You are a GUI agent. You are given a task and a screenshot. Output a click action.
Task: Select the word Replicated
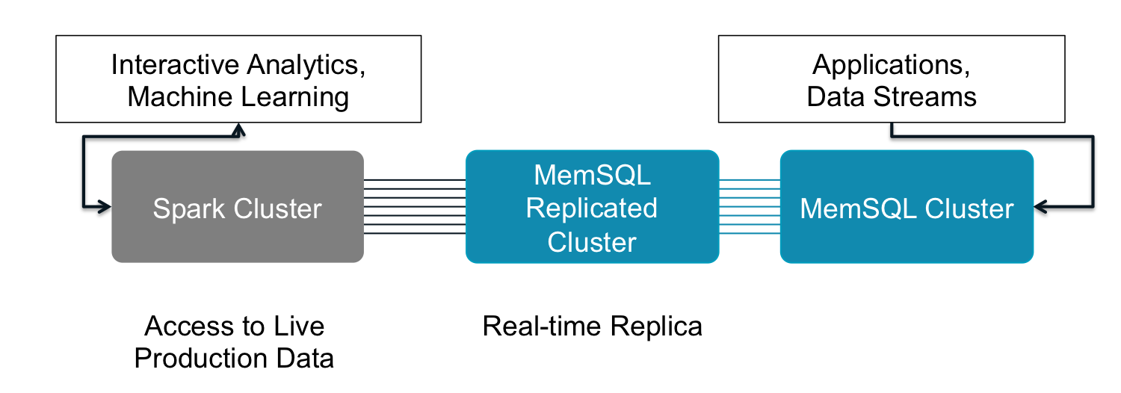click(x=591, y=208)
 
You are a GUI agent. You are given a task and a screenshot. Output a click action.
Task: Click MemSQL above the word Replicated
click(x=592, y=175)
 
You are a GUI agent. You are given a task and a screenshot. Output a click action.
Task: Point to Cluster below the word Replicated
click(x=592, y=242)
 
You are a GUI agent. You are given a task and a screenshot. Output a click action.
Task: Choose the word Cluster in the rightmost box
click(x=969, y=209)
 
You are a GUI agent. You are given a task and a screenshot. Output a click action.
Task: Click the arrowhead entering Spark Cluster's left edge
click(x=105, y=207)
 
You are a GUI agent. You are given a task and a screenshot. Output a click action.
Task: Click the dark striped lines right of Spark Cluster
click(x=414, y=206)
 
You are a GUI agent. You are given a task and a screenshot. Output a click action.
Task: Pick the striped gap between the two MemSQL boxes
click(x=749, y=206)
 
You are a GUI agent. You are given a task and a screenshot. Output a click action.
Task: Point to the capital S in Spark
click(x=161, y=209)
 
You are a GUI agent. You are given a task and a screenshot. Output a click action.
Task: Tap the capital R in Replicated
click(x=534, y=208)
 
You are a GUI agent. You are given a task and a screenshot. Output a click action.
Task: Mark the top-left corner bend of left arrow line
click(x=83, y=137)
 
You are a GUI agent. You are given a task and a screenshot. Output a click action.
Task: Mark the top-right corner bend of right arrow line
click(x=1093, y=137)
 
